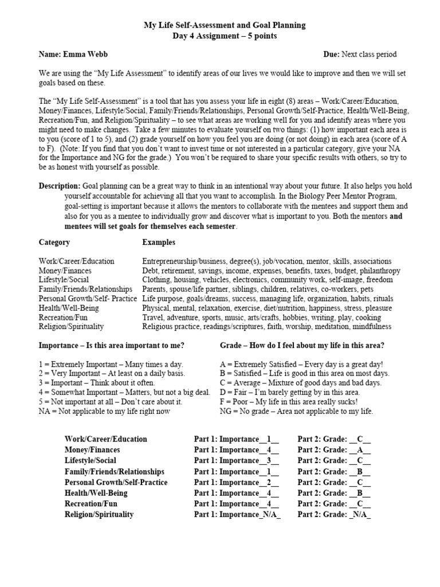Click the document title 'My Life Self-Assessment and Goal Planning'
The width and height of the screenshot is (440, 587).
pos(224,25)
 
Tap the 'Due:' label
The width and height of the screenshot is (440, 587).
pos(332,54)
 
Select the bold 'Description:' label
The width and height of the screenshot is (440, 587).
pos(60,186)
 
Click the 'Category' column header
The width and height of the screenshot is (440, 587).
pos(54,242)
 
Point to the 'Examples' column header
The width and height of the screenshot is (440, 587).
pos(159,242)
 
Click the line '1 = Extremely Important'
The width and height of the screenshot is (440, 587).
pos(112,364)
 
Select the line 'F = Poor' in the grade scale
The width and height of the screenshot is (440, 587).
pos(289,401)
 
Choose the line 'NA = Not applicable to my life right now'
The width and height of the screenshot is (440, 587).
pos(105,411)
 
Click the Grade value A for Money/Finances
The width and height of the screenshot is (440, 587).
pos(360,450)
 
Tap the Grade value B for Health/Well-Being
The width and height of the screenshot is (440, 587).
pos(360,493)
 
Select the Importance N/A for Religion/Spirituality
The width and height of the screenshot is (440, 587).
pos(269,514)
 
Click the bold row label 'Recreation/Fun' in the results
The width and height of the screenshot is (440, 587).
pos(91,504)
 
